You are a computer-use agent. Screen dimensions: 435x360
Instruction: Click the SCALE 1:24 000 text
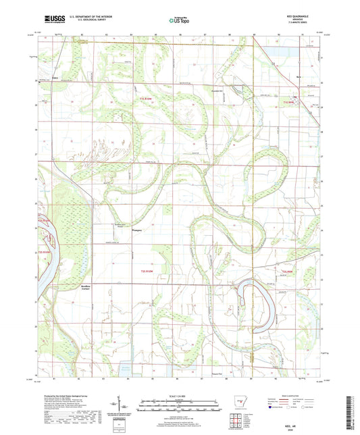point(178,395)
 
